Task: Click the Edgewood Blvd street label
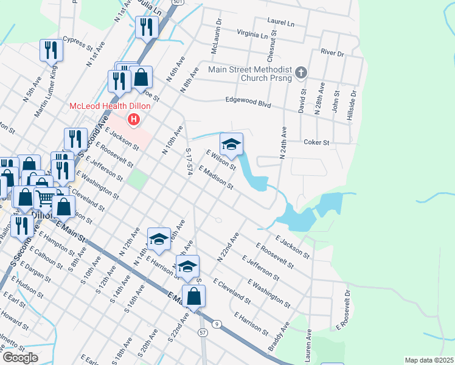coord(248,103)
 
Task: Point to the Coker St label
coord(316,142)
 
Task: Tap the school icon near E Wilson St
coord(231,145)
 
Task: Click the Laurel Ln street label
coord(280,22)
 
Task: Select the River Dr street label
coord(333,53)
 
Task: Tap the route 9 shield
coord(217,324)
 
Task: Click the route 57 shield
coord(203,332)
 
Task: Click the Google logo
coord(19,358)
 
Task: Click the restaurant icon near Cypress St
coord(51,50)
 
